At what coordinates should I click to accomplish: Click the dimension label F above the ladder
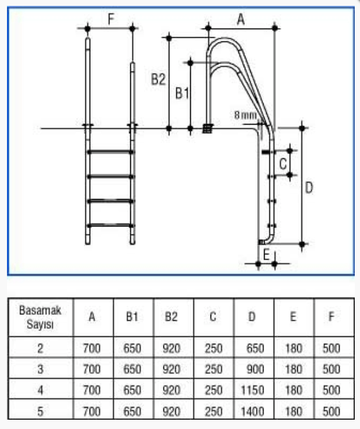click(111, 19)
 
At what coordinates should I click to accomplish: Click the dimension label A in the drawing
click(241, 19)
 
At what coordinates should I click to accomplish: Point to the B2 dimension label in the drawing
click(158, 80)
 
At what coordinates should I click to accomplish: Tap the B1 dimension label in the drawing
click(182, 93)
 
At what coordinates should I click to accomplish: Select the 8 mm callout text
click(245, 115)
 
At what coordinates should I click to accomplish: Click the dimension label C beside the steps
click(283, 164)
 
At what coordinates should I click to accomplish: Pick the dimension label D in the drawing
click(309, 188)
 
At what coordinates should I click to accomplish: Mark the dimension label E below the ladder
click(266, 255)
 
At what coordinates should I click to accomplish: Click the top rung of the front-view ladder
click(110, 152)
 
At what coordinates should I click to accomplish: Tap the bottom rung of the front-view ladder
click(110, 225)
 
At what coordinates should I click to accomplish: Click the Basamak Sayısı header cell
click(40, 317)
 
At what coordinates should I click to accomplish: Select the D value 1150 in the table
click(252, 390)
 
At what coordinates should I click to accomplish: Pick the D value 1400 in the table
click(252, 411)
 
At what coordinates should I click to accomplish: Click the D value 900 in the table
click(255, 369)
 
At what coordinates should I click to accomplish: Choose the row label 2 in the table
click(40, 348)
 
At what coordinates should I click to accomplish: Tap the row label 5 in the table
click(40, 411)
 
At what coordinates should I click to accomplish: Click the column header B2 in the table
click(171, 317)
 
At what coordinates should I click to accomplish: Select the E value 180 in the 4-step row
click(294, 390)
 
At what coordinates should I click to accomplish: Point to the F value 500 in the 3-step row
click(332, 369)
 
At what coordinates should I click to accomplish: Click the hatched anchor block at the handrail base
click(207, 129)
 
